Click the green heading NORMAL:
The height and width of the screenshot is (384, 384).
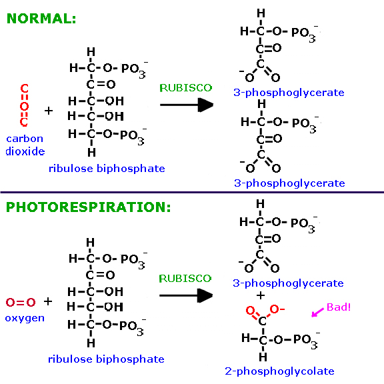[41, 19]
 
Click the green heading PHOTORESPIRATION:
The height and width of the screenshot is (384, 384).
[88, 207]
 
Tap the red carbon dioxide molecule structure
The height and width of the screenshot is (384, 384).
[24, 105]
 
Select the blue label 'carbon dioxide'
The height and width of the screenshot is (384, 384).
[25, 145]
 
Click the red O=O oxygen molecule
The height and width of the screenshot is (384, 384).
[21, 302]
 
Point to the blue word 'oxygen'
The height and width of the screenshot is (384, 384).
[25, 319]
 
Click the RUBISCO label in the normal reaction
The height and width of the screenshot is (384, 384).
[185, 88]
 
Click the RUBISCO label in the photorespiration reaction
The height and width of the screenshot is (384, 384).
[185, 279]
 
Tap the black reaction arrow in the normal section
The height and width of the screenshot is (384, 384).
[187, 105]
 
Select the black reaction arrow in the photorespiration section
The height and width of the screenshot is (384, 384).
[186, 295]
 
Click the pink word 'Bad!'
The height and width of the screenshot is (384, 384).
[339, 307]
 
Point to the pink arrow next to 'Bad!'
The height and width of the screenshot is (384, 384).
[317, 313]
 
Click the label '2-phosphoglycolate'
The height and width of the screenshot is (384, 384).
[280, 371]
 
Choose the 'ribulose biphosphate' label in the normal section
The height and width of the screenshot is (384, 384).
[107, 169]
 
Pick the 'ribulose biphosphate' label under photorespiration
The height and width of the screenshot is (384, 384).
[106, 359]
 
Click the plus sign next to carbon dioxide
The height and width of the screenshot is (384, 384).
[49, 111]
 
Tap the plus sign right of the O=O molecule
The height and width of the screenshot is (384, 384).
[48, 301]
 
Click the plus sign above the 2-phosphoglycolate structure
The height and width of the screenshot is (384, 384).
[261, 295]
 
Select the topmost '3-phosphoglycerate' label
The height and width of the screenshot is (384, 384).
[289, 93]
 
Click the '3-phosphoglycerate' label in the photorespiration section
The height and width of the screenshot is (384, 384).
[288, 283]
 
